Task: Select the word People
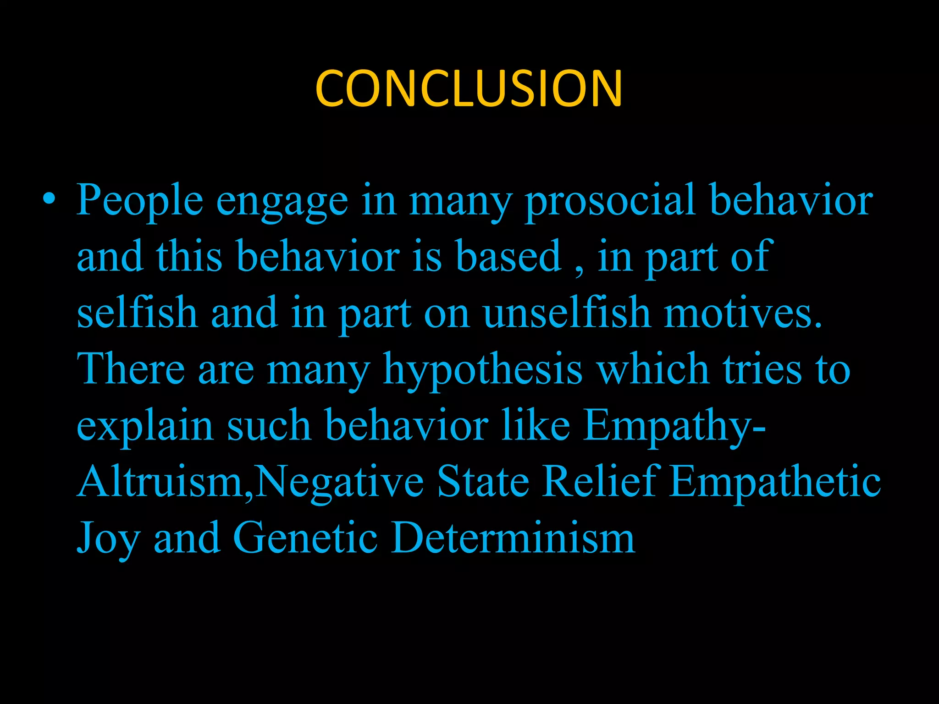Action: (x=139, y=201)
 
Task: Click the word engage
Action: (x=282, y=202)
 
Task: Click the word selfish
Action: (x=137, y=313)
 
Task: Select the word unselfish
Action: (x=567, y=313)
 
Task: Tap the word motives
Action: (x=743, y=313)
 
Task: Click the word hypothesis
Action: (x=483, y=370)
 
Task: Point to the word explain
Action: (x=145, y=426)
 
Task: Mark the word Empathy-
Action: (x=674, y=426)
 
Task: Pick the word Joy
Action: (x=108, y=539)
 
